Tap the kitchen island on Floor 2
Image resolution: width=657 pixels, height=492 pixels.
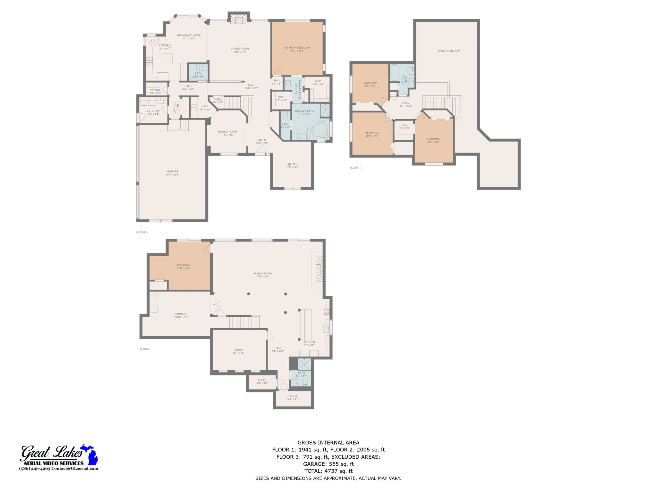[x=167, y=59]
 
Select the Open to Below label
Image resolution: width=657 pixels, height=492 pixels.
[x=448, y=51]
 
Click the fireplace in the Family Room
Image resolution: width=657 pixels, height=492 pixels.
[x=319, y=269]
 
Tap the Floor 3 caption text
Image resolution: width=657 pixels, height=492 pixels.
[x=355, y=168]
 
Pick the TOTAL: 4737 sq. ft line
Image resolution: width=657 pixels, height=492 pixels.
[x=328, y=471]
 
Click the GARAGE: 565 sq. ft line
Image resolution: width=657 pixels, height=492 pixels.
[x=328, y=464]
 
